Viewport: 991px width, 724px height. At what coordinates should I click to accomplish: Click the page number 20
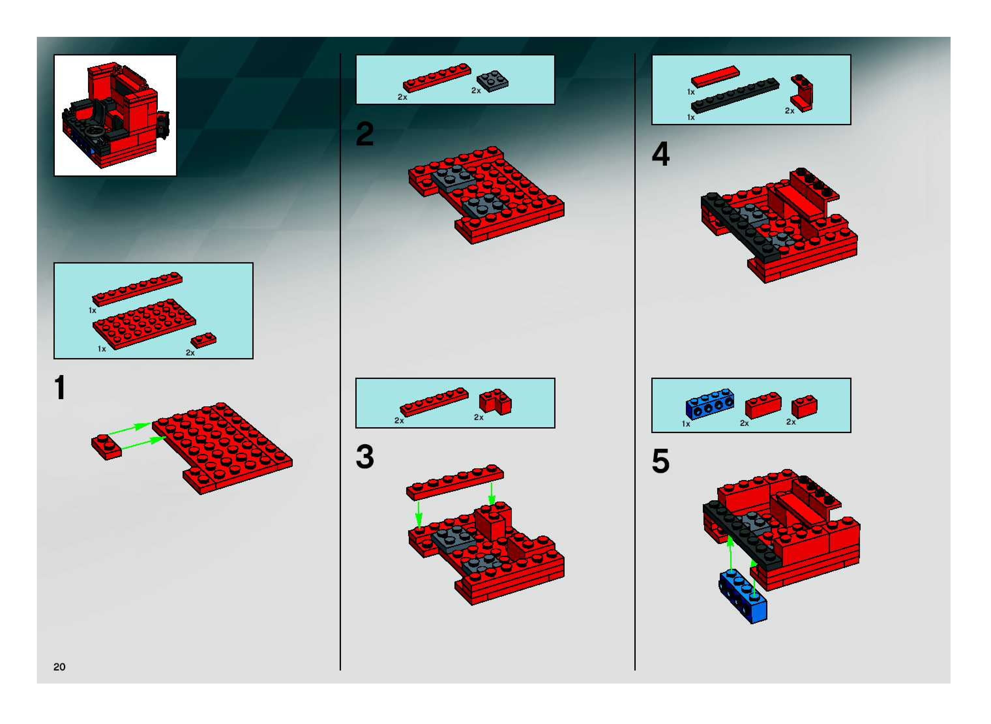(59, 667)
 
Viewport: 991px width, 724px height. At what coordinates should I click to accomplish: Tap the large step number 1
(60, 387)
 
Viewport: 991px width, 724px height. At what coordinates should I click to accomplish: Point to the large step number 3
(364, 457)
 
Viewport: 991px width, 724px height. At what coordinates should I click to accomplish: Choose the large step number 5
(661, 461)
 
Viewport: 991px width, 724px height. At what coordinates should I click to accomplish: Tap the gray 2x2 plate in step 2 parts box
(493, 81)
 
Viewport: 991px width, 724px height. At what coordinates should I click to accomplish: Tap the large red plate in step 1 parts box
(144, 324)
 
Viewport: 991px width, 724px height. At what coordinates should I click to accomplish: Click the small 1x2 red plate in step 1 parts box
(203, 340)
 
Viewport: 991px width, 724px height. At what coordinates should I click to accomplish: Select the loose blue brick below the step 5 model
(743, 597)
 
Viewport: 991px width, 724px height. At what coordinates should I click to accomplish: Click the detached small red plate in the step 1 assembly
(107, 446)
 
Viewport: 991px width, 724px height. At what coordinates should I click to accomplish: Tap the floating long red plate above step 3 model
(455, 482)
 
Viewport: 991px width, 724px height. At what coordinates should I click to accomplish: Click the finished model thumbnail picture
(115, 115)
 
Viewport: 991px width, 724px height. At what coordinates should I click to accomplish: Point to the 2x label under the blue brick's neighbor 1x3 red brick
(744, 423)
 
